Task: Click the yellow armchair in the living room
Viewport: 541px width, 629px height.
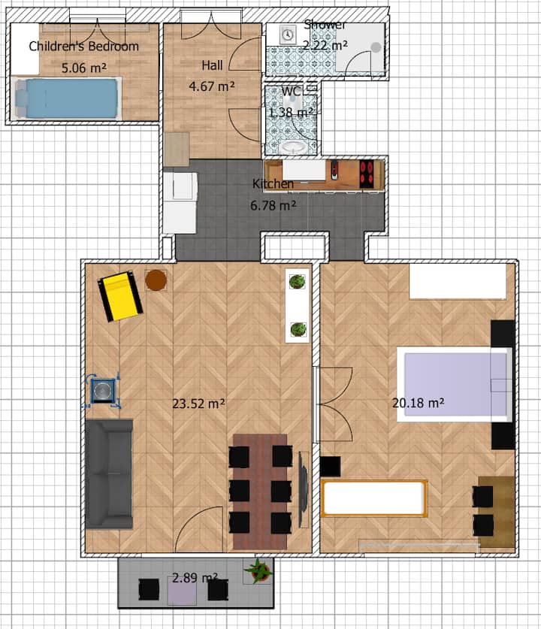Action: click(x=120, y=296)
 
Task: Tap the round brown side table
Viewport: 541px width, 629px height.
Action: click(x=156, y=280)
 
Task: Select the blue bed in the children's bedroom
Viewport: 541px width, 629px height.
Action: click(x=68, y=98)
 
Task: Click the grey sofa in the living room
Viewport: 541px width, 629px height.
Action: click(x=109, y=473)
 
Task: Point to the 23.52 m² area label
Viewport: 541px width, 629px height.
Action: click(x=198, y=404)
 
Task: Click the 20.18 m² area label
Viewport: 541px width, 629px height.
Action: click(x=418, y=403)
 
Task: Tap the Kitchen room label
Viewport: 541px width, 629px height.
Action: click(x=273, y=183)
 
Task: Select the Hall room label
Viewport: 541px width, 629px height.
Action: click(x=212, y=65)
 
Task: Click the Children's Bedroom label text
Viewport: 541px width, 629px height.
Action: click(x=84, y=46)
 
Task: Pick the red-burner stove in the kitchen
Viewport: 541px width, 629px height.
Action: click(x=367, y=174)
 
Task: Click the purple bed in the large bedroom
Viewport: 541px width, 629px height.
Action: click(x=455, y=384)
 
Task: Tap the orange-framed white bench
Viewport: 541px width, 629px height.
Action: click(x=373, y=497)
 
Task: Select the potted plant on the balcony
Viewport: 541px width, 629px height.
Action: click(x=258, y=571)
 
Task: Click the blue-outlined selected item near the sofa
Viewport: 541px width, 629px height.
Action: click(x=103, y=390)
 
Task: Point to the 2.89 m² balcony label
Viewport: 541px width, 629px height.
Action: click(x=195, y=578)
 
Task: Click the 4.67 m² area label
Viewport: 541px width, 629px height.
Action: click(x=212, y=86)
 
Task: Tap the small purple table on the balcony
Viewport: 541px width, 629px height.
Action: click(x=182, y=590)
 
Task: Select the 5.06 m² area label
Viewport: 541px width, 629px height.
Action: click(x=84, y=68)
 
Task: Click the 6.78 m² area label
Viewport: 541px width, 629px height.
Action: click(x=273, y=206)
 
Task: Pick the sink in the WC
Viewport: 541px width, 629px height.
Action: click(x=295, y=147)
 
